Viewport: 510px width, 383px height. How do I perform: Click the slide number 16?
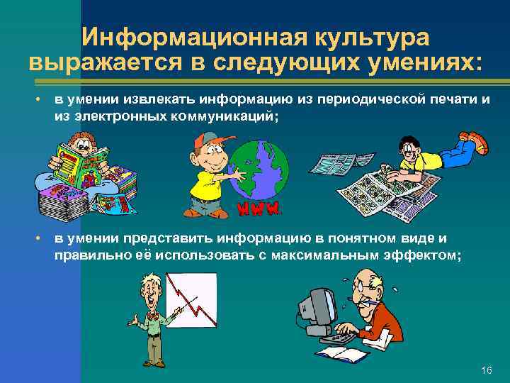pos(486,371)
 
